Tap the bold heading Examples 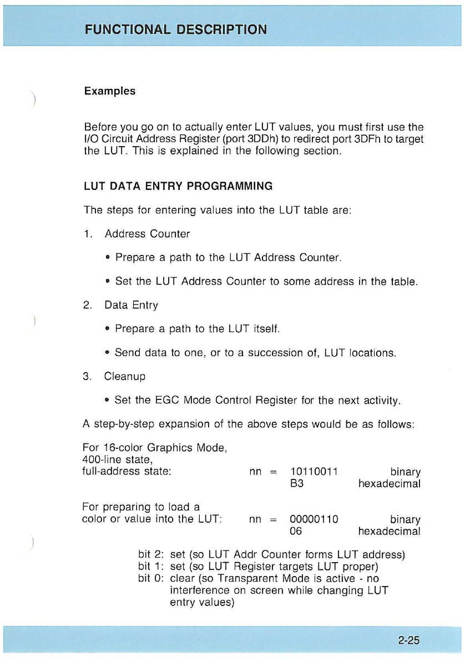tap(109, 91)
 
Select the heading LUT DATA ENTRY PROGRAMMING tap(178, 186)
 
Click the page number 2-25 tap(408, 640)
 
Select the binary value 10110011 tap(314, 472)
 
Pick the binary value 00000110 tap(314, 519)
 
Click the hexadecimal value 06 tap(297, 531)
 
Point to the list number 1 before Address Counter tap(87, 234)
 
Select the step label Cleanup tap(125, 376)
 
